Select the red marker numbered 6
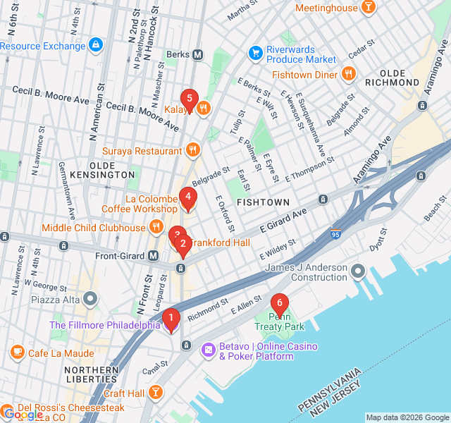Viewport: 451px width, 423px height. [280, 305]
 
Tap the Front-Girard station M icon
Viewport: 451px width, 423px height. [153, 255]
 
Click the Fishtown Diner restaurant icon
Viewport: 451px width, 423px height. [347, 73]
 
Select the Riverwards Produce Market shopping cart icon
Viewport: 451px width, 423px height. [256, 53]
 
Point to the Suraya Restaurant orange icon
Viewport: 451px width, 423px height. [193, 150]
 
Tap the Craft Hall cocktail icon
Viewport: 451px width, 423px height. [156, 393]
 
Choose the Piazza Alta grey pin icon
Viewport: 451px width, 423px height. [90, 300]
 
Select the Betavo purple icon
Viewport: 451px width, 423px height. [209, 350]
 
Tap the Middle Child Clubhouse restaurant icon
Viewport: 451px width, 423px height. [156, 227]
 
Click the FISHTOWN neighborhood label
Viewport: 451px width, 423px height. [263, 202]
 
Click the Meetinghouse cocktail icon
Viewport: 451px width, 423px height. [367, 7]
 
